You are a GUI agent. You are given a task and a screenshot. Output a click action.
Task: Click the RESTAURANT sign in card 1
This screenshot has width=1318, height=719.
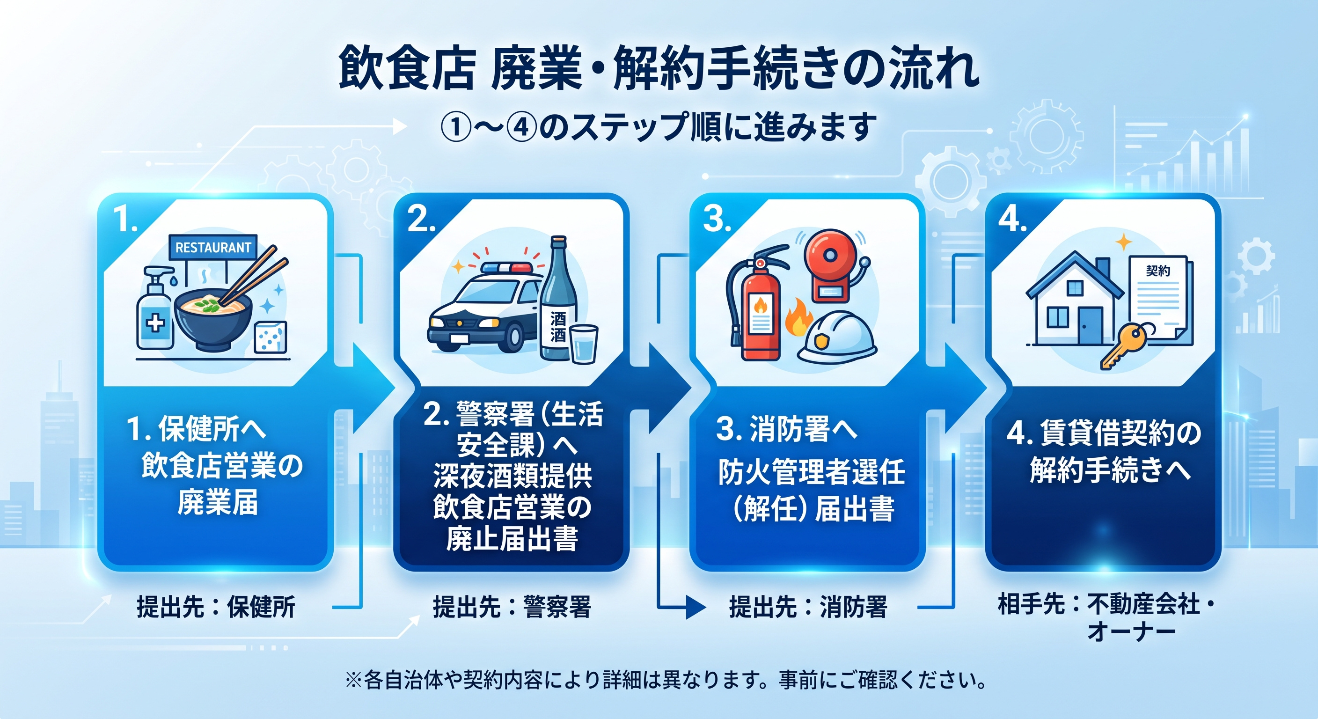click(x=213, y=247)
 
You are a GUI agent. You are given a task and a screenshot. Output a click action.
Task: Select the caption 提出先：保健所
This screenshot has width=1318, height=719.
click(x=216, y=607)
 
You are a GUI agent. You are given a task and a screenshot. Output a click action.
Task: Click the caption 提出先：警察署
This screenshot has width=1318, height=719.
click(x=512, y=607)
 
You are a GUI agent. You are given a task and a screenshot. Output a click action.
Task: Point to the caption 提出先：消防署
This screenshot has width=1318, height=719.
click(x=808, y=607)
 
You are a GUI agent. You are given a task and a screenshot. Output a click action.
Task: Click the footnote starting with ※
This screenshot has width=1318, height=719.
click(x=666, y=680)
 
